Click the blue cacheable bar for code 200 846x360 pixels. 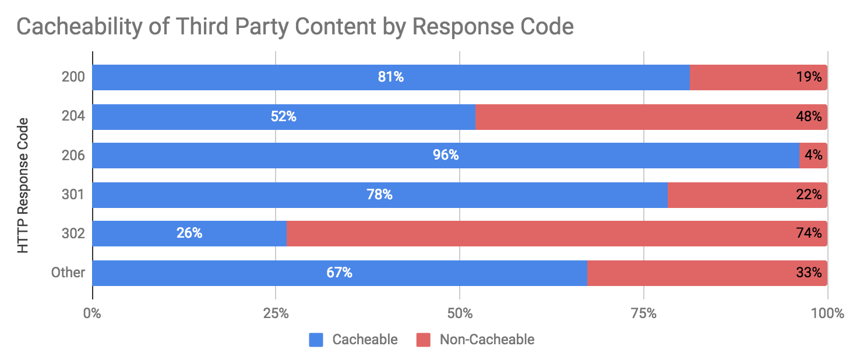click(x=291, y=77)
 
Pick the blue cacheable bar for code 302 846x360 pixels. click(x=146, y=234)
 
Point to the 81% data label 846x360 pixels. click(x=390, y=77)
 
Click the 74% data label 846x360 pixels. click(x=809, y=234)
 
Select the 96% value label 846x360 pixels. click(x=446, y=156)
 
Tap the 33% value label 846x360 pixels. click(x=809, y=273)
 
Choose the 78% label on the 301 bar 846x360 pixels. click(x=379, y=195)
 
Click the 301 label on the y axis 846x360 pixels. click(x=73, y=195)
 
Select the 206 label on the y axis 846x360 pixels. click(x=73, y=156)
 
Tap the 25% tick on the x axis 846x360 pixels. click(x=276, y=313)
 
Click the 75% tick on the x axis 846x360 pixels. click(x=643, y=313)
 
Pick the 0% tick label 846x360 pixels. click(x=92, y=313)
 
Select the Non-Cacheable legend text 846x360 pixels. click(x=487, y=340)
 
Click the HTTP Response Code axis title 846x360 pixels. click(x=23, y=186)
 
